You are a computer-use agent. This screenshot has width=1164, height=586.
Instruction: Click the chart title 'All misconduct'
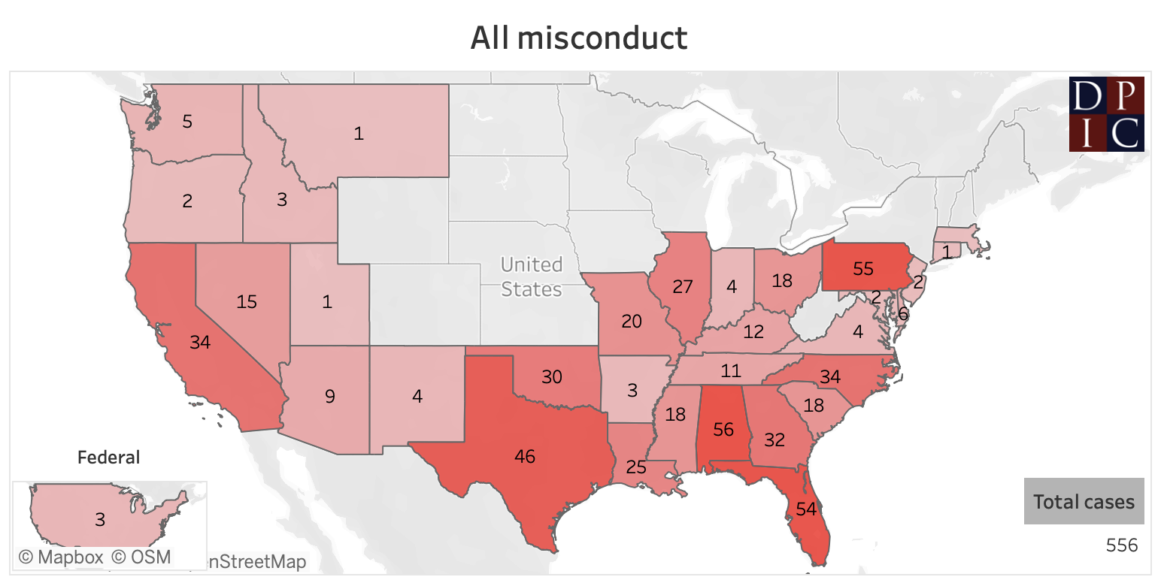pos(578,38)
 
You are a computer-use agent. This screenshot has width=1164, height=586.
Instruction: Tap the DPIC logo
pos(1106,114)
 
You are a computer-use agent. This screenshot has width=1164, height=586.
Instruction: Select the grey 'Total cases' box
pos(1084,501)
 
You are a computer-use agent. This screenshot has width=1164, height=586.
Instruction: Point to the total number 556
pos(1122,545)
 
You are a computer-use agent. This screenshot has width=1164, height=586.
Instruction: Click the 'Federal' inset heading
pos(109,457)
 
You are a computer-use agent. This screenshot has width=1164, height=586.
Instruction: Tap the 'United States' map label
pos(532,276)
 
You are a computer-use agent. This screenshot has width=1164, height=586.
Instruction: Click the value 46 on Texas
pos(525,456)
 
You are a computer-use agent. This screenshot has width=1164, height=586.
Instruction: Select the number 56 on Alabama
pos(723,430)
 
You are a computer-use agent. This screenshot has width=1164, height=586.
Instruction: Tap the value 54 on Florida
pos(805,509)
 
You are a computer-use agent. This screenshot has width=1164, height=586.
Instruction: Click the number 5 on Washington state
pos(187,121)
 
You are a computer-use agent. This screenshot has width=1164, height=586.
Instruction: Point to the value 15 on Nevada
pos(247,302)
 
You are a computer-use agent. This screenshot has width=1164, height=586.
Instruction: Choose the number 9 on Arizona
pos(329,396)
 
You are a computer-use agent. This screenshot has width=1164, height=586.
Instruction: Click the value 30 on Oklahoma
pos(551,377)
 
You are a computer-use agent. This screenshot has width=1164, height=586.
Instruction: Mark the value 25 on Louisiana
pos(636,468)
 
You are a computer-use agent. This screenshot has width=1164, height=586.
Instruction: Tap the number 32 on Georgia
pos(774,440)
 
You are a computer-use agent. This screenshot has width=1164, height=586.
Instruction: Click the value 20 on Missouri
pos(632,321)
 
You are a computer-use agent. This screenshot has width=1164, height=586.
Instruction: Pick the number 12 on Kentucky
pos(753,331)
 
